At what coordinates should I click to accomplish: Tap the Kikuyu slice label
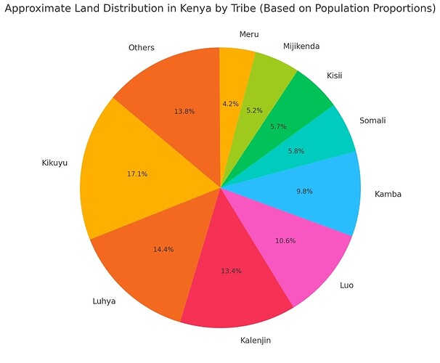(54, 163)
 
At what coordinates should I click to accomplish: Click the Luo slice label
(347, 285)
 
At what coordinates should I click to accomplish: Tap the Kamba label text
(387, 194)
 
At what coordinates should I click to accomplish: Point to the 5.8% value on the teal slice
(296, 151)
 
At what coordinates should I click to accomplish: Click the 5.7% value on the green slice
(277, 126)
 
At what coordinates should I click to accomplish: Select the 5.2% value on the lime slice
(255, 111)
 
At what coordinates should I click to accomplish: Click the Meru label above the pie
(248, 33)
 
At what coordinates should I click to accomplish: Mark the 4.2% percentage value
(230, 104)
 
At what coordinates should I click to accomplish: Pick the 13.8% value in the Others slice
(184, 112)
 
